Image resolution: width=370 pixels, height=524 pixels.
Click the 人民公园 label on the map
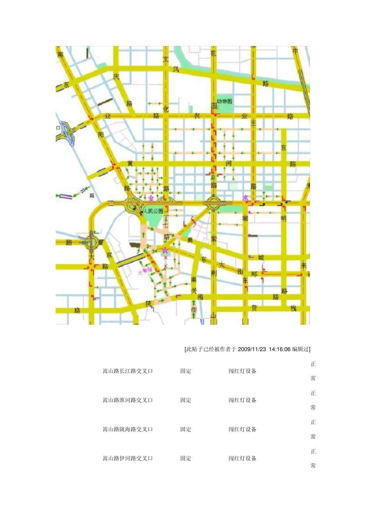153,211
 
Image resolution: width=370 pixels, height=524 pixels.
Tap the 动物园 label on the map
225,101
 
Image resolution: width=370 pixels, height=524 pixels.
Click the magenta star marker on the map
166,250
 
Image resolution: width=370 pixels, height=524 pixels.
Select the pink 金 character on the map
151,198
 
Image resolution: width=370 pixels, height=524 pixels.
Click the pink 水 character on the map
245,198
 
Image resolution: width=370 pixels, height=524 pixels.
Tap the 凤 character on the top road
176,69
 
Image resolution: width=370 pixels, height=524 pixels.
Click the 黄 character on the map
130,163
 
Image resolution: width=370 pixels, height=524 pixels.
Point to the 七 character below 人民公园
166,225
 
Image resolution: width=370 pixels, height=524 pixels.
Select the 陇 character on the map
148,303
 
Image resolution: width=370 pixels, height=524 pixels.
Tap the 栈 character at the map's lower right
294,308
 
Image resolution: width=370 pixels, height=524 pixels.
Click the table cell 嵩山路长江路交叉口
127,371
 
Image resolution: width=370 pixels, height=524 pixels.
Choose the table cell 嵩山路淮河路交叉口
127,400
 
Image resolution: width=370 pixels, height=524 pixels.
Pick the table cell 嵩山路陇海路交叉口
127,429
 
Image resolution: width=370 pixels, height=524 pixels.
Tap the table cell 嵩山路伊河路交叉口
127,458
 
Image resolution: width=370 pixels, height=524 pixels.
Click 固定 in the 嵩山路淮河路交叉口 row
186,400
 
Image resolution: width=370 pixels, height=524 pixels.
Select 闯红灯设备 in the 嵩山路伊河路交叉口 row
242,458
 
